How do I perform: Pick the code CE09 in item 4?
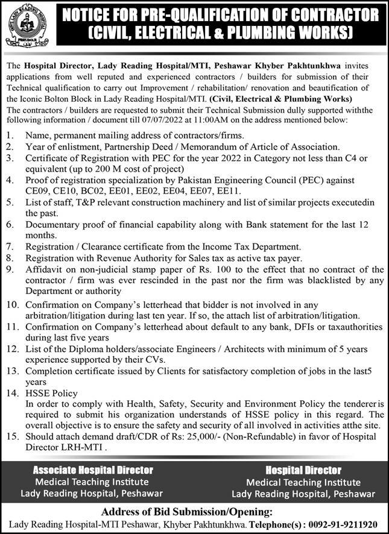[37, 191]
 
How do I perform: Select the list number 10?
[11, 306]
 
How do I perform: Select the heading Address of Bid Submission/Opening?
[194, 512]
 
